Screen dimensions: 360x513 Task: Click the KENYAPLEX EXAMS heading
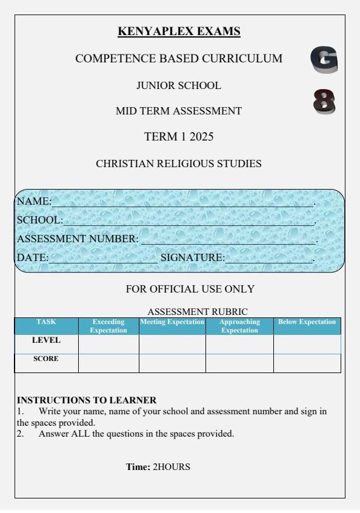click(179, 31)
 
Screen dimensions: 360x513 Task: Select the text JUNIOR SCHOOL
click(179, 86)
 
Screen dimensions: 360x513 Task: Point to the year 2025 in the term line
click(200, 137)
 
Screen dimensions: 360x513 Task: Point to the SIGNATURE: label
click(192, 258)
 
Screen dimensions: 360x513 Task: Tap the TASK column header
click(46, 322)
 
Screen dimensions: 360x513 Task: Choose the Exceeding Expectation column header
click(108, 326)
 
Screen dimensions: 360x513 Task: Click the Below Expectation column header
click(307, 322)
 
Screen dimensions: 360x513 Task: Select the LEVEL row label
click(46, 341)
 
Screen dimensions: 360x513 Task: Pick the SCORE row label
click(46, 359)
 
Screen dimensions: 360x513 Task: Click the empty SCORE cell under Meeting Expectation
click(172, 363)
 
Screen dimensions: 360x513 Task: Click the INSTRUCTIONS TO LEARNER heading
click(87, 400)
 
